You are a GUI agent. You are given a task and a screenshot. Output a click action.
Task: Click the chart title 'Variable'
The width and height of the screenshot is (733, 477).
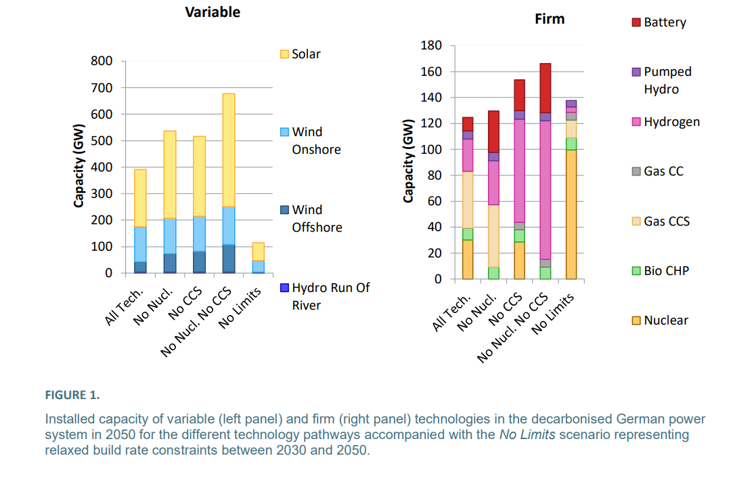click(213, 12)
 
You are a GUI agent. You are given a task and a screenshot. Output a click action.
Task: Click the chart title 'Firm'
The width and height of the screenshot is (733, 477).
click(549, 19)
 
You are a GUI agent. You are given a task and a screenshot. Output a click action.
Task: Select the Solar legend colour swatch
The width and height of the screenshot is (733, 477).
click(284, 54)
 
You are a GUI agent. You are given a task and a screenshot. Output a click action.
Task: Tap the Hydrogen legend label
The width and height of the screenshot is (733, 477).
click(671, 122)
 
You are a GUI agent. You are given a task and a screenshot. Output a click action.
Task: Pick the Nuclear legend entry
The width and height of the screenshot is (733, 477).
click(665, 320)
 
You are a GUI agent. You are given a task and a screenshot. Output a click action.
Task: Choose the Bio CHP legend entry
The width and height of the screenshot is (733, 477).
click(666, 271)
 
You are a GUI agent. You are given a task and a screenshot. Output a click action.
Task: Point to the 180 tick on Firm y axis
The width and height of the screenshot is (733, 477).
click(432, 45)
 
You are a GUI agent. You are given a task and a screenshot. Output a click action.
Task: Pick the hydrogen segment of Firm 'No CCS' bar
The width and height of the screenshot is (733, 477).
click(519, 170)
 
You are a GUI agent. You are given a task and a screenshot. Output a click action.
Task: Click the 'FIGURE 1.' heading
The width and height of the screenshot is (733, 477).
click(72, 394)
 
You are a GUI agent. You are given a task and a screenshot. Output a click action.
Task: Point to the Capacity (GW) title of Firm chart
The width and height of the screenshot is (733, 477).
click(408, 161)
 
